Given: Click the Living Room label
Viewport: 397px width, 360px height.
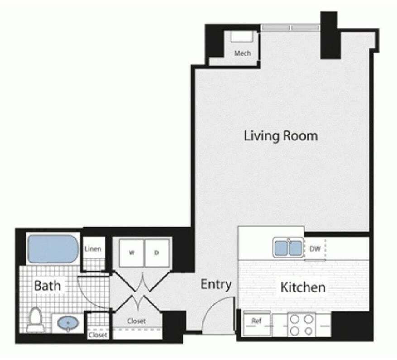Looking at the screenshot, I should [281, 135].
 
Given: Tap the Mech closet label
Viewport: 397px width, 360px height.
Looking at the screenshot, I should [242, 53].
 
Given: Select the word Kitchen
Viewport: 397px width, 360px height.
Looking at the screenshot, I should [303, 287].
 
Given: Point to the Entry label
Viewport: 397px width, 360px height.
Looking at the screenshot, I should [216, 284].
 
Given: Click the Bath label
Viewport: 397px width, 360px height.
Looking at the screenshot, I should [47, 286].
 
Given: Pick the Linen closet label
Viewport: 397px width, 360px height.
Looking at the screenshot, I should [93, 249].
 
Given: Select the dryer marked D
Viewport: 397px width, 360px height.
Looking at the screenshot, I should [157, 253].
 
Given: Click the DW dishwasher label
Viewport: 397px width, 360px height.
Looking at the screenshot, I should [315, 248].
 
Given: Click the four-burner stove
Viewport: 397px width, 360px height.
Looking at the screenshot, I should [302, 325].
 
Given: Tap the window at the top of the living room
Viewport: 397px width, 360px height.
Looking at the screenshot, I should [290, 28].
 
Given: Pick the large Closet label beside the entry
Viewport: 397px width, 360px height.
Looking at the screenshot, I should [136, 321].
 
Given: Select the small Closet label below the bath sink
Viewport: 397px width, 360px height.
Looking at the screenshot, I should [98, 335].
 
